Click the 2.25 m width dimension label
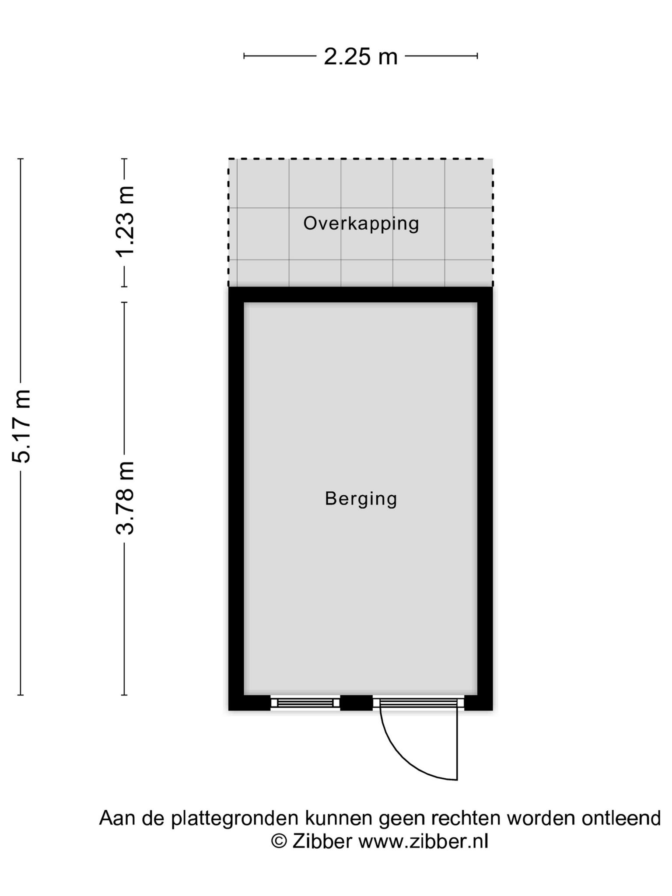click(360, 57)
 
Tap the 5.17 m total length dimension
click(21, 426)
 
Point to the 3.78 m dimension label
click(125, 498)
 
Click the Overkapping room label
click(361, 224)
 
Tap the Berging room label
click(361, 499)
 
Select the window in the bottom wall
click(305, 703)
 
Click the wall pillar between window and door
click(356, 703)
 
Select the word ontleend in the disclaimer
click(621, 818)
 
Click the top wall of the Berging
click(360, 294)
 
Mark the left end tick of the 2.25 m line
click(244, 56)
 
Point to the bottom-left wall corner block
click(249, 703)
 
